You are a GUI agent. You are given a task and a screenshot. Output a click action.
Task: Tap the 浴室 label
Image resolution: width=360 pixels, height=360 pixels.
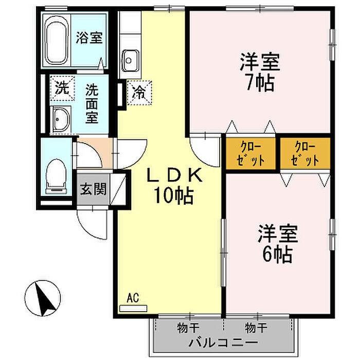[89, 38]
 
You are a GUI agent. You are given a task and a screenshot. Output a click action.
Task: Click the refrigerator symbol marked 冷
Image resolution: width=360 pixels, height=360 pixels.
[139, 93]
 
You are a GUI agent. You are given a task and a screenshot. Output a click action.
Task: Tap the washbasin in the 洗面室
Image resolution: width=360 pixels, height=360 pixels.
[61, 119]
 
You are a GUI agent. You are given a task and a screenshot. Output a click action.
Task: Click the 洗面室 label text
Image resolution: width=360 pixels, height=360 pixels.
[92, 103]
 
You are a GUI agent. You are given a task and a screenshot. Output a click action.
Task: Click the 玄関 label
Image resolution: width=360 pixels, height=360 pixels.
[93, 189]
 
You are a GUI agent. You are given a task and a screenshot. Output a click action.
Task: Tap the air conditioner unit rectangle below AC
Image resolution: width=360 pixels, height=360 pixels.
[133, 308]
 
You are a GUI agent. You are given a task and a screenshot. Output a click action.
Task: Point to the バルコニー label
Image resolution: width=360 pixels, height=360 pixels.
[222, 342]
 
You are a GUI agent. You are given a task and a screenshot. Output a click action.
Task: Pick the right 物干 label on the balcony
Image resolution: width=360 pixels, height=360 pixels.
[255, 327]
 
